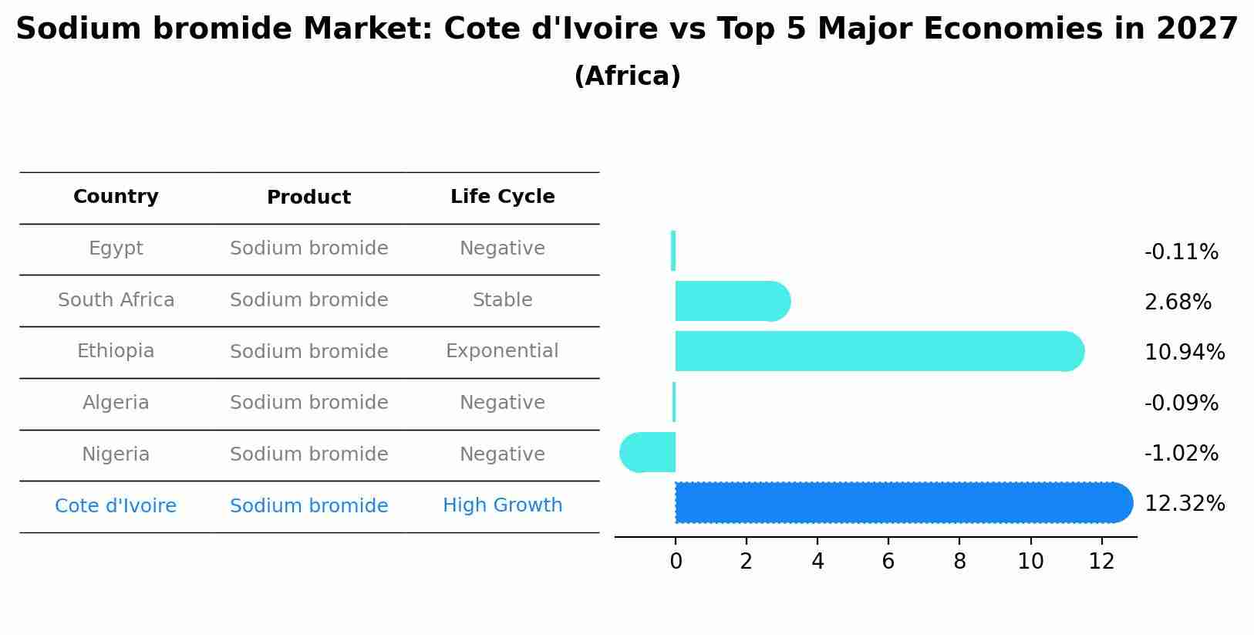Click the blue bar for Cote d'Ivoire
click(902, 503)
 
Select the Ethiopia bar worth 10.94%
click(879, 351)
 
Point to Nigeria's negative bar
click(649, 453)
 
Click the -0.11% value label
click(1181, 252)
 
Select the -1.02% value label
click(1181, 454)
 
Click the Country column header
click(116, 197)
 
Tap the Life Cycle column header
click(502, 197)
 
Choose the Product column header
click(308, 198)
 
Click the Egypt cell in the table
click(116, 248)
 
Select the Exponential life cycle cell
click(502, 351)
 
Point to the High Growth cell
click(502, 505)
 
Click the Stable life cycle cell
click(502, 300)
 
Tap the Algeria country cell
click(116, 403)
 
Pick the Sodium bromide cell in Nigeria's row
click(308, 454)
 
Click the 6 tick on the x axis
click(888, 562)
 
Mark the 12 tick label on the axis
click(1101, 562)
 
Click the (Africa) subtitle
click(627, 76)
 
